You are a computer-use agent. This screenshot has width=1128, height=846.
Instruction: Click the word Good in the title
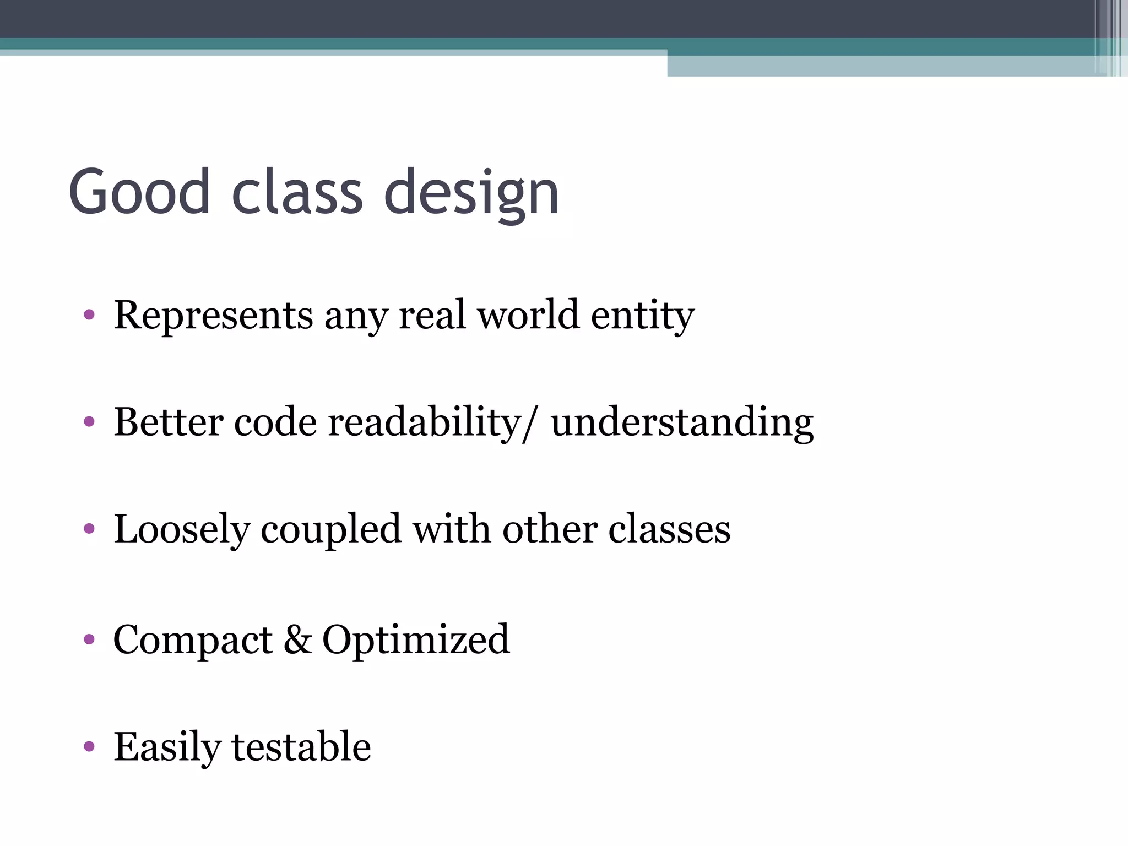point(139,192)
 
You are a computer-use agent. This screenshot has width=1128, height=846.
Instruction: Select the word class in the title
point(297,192)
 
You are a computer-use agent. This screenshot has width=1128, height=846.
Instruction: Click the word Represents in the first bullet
point(213,316)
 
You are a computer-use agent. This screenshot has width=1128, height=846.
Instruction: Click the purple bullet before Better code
point(89,422)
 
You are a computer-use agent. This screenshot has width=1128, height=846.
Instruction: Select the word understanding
point(682,423)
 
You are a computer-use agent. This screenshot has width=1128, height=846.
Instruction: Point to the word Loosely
point(181,530)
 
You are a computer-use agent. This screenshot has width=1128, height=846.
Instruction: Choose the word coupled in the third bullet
point(330,530)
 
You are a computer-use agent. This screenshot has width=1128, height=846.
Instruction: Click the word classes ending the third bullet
point(669,530)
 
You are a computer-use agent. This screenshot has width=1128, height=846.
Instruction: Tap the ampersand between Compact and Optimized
point(297,640)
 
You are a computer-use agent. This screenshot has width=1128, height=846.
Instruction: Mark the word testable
point(301,747)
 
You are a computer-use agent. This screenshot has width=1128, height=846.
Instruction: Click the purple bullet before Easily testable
point(89,747)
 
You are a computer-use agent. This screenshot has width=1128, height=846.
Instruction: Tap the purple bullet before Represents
point(89,316)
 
